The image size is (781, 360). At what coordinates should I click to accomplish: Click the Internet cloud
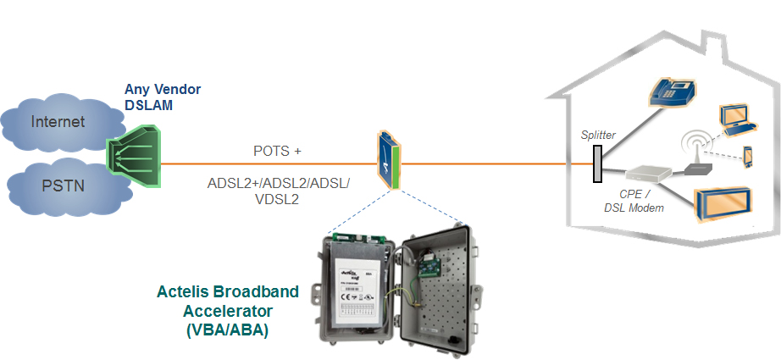pos(58,122)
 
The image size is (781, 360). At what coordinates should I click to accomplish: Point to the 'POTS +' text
pos(277,152)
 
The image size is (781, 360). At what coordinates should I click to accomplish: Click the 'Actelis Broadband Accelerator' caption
pos(228,300)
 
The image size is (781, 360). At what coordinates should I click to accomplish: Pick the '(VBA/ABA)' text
pos(227,330)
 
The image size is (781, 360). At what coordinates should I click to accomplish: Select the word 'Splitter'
pos(598,135)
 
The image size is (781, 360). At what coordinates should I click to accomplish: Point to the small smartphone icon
pos(748,157)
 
